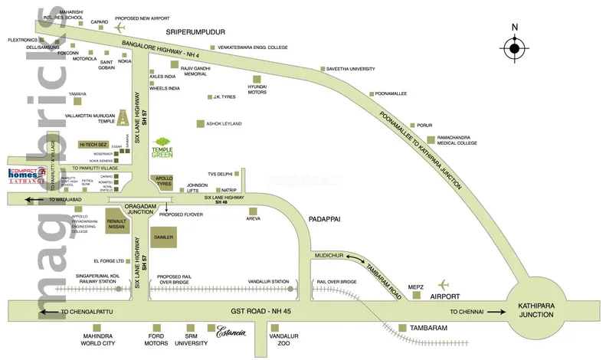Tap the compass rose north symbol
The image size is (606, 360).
click(514, 47)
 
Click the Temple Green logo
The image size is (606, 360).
click(162, 146)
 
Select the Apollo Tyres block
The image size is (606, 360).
click(162, 182)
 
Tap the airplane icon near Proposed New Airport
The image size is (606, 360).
click(120, 27)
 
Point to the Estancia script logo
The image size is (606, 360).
click(231, 332)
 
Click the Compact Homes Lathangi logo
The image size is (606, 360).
click(28, 177)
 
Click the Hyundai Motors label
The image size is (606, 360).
click(257, 90)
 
